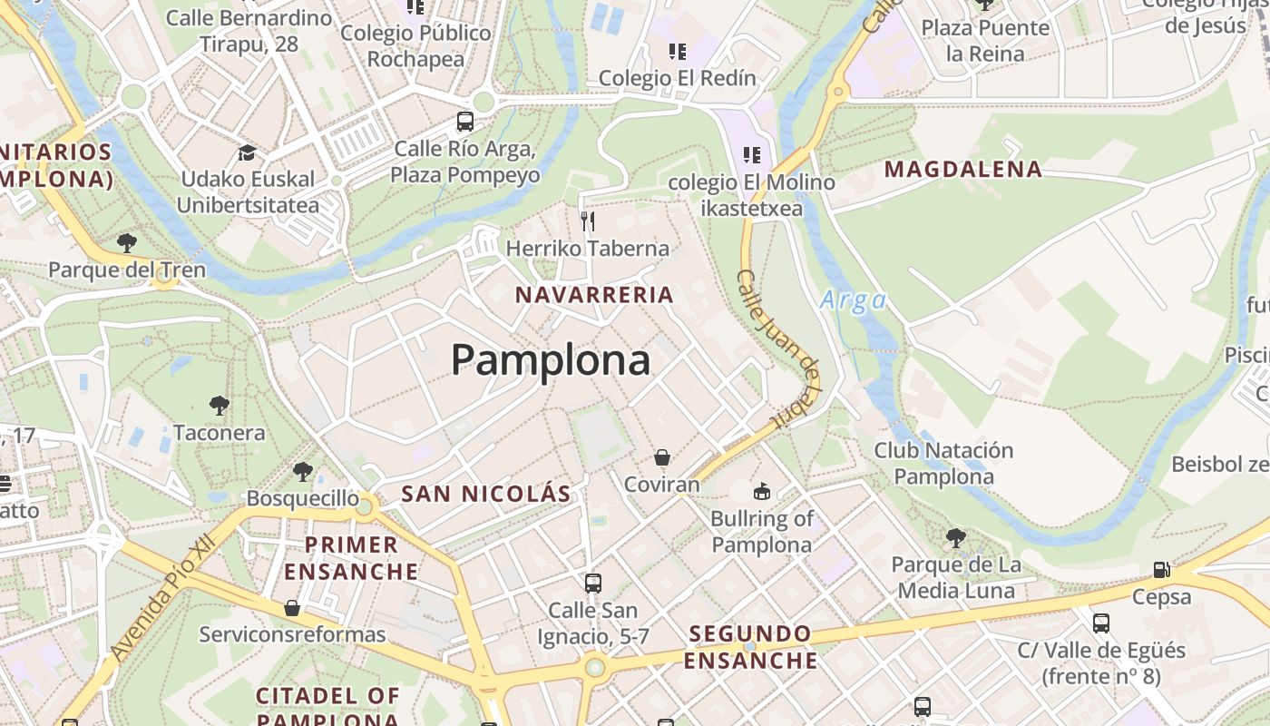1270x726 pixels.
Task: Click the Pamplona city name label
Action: coord(551,360)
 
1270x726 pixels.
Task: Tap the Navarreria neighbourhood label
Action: coord(594,295)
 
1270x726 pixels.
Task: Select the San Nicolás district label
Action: coord(486,494)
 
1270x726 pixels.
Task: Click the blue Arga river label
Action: coord(853,300)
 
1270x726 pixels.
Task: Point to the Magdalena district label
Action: coord(963,170)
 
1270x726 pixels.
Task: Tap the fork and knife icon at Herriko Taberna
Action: coord(588,221)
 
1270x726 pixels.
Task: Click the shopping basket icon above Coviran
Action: coord(662,457)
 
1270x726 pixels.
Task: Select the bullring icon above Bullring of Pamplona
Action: coord(761,492)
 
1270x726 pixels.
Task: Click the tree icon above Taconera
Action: coord(219,406)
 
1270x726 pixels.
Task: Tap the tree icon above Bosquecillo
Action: coord(303,472)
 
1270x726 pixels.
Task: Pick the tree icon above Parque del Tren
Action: coord(127,243)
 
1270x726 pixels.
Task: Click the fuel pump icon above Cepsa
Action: coord(1161,570)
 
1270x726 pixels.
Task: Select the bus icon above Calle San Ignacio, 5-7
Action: coord(593,584)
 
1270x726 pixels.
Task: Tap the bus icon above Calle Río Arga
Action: coord(465,122)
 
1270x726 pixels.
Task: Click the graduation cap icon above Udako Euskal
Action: coord(247,152)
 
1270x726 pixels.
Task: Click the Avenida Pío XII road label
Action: coord(163,596)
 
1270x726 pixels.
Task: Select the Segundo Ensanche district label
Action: coord(750,647)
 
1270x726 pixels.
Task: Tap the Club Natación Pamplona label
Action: coord(943,463)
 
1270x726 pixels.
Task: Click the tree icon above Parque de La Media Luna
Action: coord(955,538)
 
